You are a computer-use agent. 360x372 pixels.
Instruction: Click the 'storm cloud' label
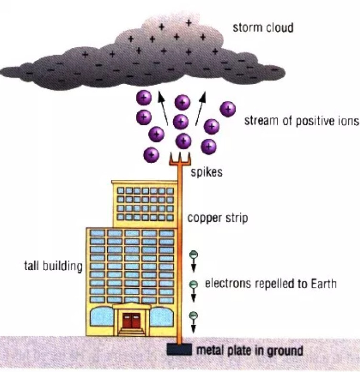click(x=262, y=27)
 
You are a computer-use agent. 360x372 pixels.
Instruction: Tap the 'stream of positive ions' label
click(x=301, y=120)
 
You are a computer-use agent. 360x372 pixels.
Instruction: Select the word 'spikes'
click(x=206, y=172)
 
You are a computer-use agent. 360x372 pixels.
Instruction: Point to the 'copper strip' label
click(x=217, y=218)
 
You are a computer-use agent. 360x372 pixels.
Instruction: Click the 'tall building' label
click(x=53, y=266)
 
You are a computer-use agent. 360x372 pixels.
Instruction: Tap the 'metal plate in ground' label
click(x=249, y=350)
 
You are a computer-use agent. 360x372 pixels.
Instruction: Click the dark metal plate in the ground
click(x=180, y=350)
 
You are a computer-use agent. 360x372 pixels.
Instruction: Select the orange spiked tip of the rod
click(x=180, y=158)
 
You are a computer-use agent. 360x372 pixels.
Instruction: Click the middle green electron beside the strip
click(x=194, y=285)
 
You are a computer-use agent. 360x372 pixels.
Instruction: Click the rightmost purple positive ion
click(x=228, y=109)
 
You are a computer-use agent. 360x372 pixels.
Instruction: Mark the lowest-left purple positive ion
click(x=151, y=154)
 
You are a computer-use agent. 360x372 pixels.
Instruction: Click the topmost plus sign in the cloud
click(x=189, y=22)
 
